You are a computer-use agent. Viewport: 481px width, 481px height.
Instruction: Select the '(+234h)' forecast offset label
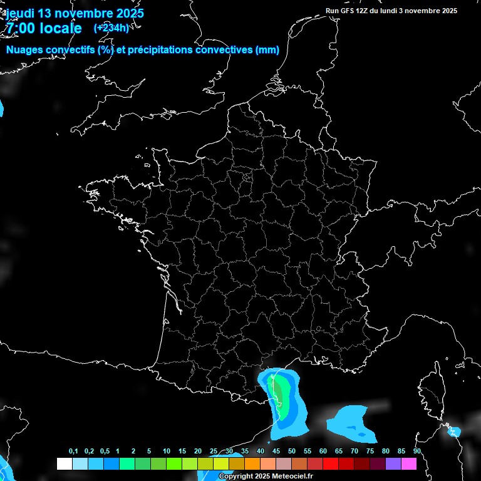tap(111, 28)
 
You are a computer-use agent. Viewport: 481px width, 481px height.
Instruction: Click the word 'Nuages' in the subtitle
tap(26, 50)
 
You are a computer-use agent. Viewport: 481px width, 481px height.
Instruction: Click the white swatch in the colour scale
tap(64, 463)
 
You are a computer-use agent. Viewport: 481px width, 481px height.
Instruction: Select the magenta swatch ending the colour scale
tap(409, 463)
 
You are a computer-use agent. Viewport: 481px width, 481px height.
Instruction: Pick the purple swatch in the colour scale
tap(393, 463)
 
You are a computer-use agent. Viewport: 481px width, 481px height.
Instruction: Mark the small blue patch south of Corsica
tap(453, 432)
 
